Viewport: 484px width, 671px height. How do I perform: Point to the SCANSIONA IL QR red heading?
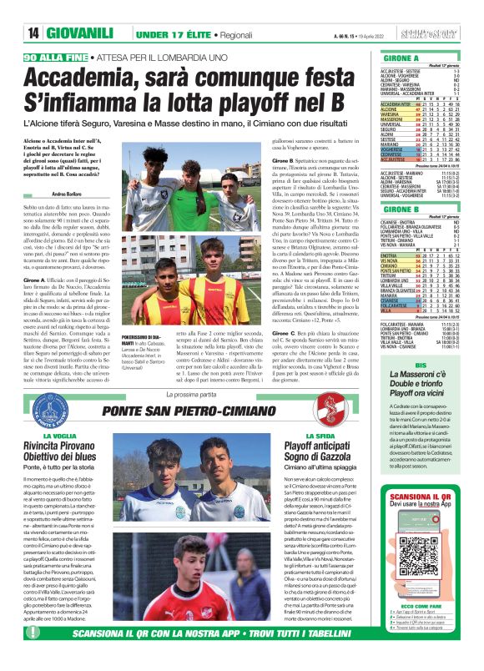(421, 499)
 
